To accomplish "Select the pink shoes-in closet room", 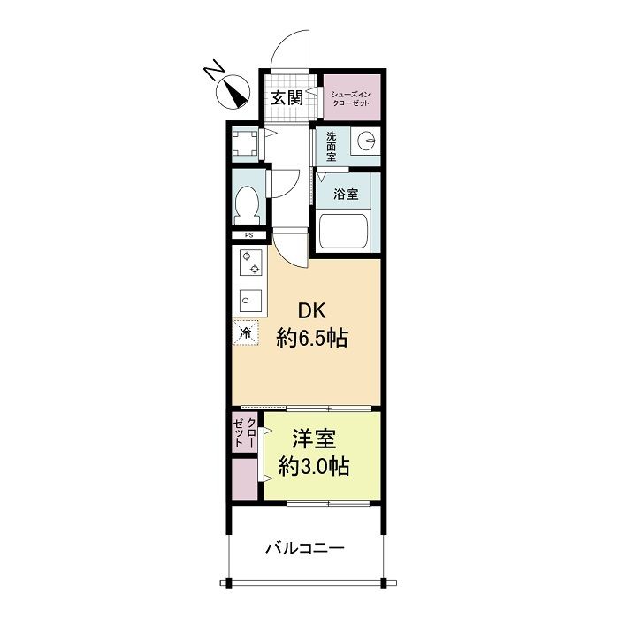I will (x=349, y=97).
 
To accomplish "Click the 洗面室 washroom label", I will (x=332, y=146).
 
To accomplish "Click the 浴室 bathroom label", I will (x=346, y=194).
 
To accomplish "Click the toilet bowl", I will (x=248, y=204).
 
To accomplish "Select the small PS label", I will (x=248, y=236).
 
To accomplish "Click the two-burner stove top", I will (x=248, y=262).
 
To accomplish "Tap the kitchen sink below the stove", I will (x=248, y=299).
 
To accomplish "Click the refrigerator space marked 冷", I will (x=246, y=332).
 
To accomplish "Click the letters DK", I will (x=312, y=310).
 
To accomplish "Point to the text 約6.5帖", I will (x=311, y=337).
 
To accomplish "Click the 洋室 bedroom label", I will (x=314, y=439).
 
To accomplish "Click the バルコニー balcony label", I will (x=306, y=548).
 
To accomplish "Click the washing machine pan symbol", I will (x=244, y=143).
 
